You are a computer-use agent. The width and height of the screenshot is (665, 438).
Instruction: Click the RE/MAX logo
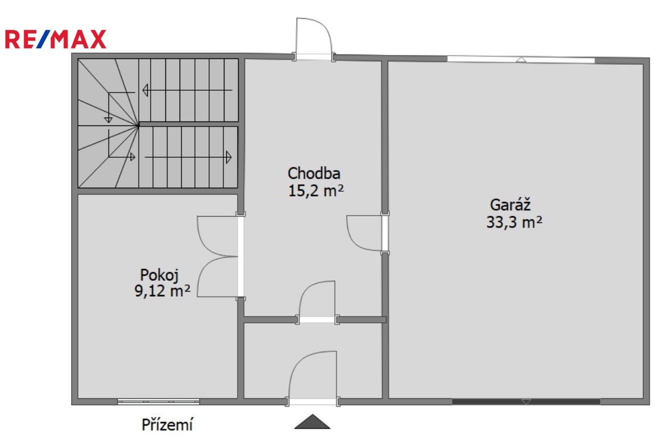tap(55, 39)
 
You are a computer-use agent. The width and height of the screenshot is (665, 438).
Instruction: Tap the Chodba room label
tap(314, 173)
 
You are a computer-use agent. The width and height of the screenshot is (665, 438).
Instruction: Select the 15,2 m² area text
tap(316, 191)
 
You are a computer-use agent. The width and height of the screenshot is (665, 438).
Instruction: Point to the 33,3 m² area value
tap(514, 222)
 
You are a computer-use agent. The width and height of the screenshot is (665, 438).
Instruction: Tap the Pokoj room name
tap(160, 275)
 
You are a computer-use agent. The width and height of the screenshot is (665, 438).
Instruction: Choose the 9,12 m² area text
tap(163, 290)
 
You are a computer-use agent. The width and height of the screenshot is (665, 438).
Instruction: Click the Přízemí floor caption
tap(167, 424)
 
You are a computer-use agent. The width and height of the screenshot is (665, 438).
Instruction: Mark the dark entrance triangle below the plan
tap(312, 422)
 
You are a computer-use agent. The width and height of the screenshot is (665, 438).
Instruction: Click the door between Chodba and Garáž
tap(367, 234)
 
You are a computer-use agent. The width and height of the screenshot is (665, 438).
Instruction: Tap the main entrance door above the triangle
tap(313, 378)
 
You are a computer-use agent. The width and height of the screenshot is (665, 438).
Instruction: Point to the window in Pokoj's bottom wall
tap(158, 401)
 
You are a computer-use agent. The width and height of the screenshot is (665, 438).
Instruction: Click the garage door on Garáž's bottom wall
tap(526, 401)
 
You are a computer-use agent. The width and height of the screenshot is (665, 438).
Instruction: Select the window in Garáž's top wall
tap(521, 60)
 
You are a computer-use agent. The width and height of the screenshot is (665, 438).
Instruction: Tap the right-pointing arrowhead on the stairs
tap(228, 157)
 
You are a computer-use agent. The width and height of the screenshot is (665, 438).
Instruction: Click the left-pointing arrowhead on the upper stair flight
tap(145, 90)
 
